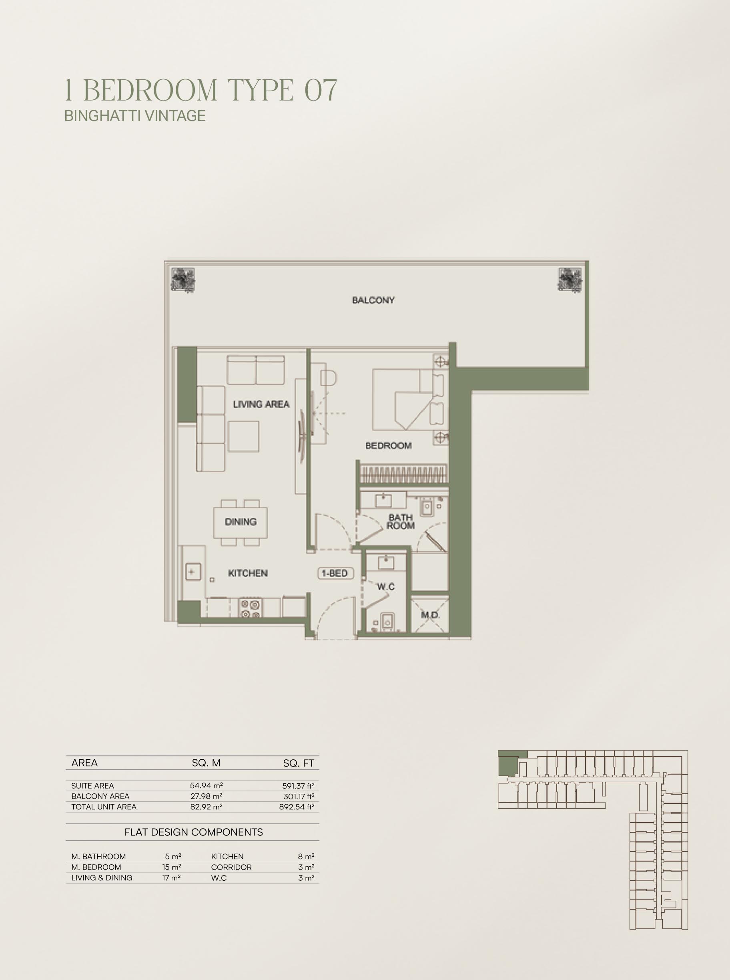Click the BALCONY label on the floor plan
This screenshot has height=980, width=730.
coord(373,300)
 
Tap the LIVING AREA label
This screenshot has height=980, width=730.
coord(261,404)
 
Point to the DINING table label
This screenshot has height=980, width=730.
coord(241,522)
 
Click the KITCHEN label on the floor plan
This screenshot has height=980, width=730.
coord(247,573)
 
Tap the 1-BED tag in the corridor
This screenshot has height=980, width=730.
coord(335,573)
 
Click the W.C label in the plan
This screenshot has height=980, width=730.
coord(386,587)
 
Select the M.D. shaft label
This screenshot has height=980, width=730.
coord(430,615)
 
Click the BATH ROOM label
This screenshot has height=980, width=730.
coord(401,521)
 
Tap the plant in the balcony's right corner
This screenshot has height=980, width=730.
coord(570,280)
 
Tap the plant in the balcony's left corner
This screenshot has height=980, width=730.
coord(183,280)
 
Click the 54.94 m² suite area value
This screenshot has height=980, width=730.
coord(207,786)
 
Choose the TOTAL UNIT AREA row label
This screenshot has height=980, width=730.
coord(104,807)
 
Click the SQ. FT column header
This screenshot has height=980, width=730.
coord(299,763)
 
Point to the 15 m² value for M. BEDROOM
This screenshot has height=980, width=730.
coord(172,867)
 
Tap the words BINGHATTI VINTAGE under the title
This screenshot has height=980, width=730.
coord(135,116)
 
